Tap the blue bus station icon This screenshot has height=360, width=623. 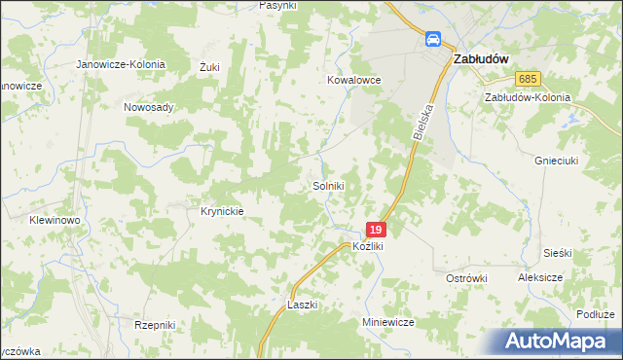(432, 39)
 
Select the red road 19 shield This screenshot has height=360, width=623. (377, 230)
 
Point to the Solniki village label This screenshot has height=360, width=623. (328, 185)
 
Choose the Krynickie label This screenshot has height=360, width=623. (221, 210)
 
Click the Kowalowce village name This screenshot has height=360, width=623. (352, 81)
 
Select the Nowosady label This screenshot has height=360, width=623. (148, 107)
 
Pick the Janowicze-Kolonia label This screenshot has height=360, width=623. (122, 64)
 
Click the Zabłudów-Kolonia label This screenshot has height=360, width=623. (527, 97)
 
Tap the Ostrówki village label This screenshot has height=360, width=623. (465, 278)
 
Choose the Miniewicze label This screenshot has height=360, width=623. (388, 321)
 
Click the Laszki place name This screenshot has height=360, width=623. (303, 305)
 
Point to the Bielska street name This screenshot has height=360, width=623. (421, 122)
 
